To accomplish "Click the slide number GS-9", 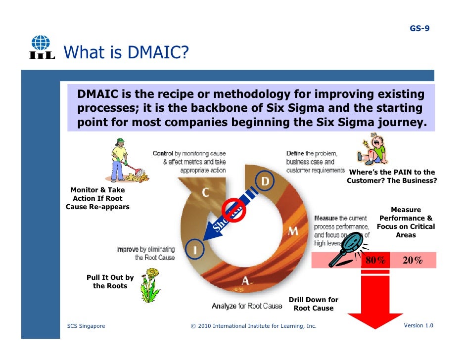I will (x=419, y=28).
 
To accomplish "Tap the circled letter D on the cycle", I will (x=265, y=181).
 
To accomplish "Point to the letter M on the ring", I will (x=293, y=231).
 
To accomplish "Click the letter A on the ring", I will (x=245, y=281).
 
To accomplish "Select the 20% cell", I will (x=412, y=261).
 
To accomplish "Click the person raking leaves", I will (x=121, y=165).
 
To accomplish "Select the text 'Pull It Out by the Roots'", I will (x=110, y=282).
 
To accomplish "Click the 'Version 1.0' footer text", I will (x=418, y=325).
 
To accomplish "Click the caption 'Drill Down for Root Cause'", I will (x=314, y=304).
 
